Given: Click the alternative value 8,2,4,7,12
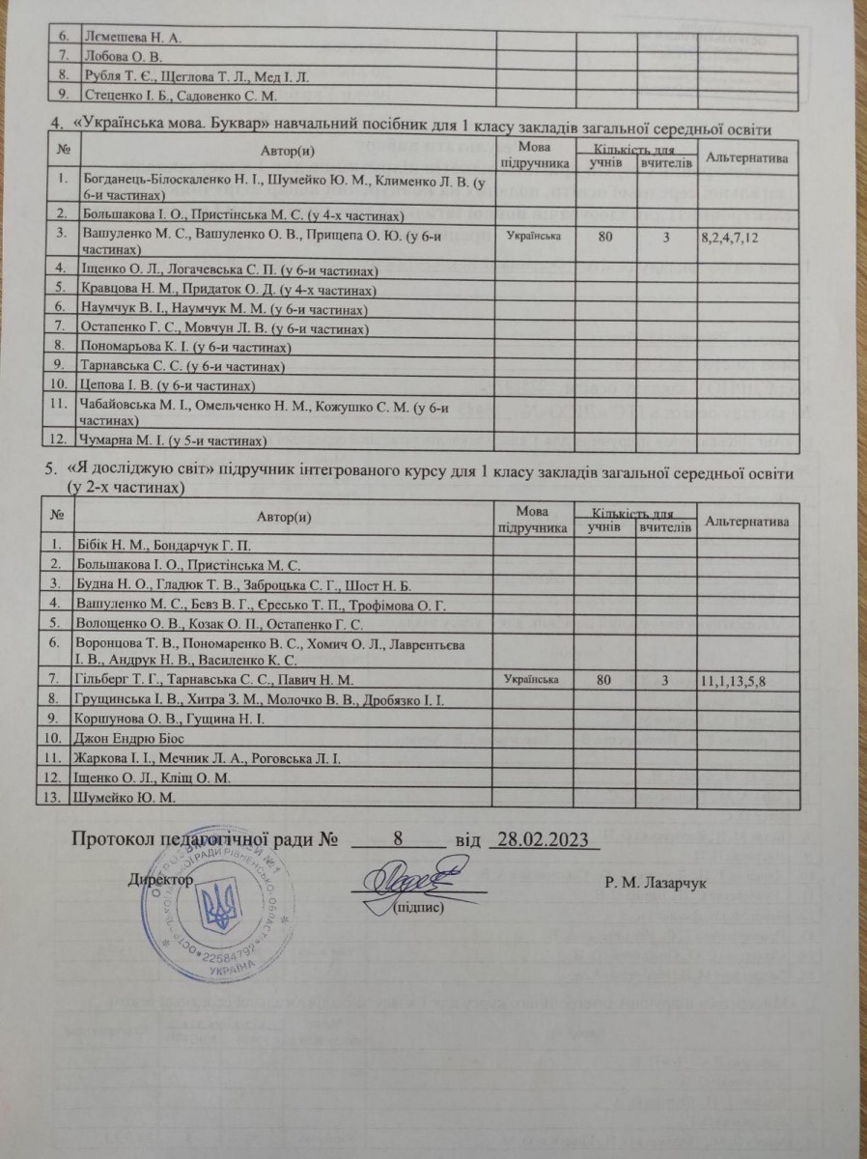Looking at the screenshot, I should [743, 235].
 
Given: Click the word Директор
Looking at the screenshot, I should [160, 881].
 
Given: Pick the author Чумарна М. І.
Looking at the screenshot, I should [171, 441].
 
